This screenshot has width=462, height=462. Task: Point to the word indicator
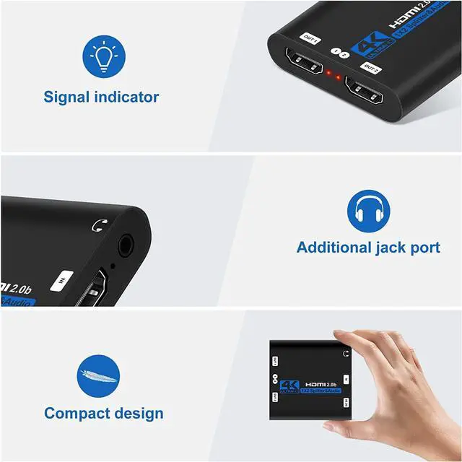point(131,97)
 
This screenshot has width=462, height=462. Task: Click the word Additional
point(334,248)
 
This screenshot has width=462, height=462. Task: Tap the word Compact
point(76,414)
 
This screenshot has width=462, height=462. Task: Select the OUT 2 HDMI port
point(369,93)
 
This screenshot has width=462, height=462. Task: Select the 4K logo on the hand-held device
point(289,386)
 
